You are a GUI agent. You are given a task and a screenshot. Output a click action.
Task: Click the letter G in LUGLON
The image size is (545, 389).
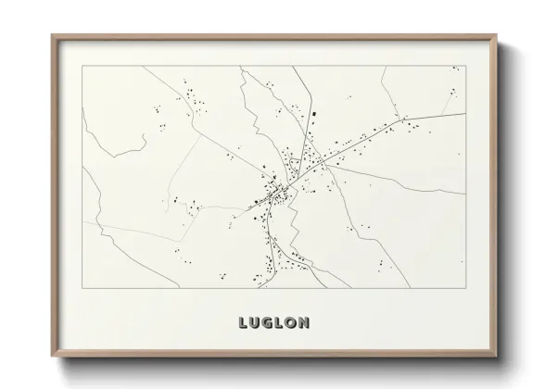coord(262,324)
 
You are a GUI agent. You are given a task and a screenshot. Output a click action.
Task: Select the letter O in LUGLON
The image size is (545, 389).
coord(291,324)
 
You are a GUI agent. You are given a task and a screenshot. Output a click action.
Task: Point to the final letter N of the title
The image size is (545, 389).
coord(306,324)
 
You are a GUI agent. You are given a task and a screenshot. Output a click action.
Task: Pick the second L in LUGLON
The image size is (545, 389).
coord(277,324)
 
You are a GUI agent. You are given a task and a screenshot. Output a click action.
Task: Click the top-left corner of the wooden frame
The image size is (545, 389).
coord(52,35)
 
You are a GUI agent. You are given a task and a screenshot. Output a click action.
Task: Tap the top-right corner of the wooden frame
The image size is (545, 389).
coord(494,35)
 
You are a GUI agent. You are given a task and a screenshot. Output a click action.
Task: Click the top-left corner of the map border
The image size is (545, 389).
coord(82,67)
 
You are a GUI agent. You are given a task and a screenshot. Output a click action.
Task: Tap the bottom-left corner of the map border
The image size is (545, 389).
coord(82,290)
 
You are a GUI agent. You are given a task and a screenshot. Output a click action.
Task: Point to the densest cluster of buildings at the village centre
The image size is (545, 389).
coord(276,196)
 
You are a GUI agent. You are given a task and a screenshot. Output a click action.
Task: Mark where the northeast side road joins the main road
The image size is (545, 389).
coord(399,119)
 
